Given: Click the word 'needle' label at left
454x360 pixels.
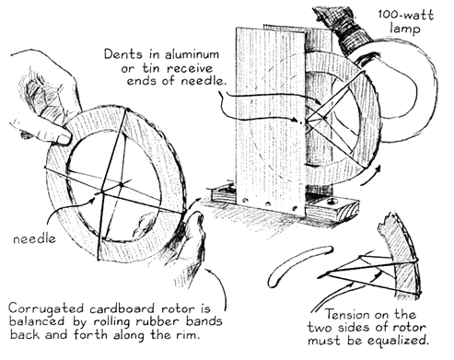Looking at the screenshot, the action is (x=34, y=238).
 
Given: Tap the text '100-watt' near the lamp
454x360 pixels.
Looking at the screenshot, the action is (x=405, y=15).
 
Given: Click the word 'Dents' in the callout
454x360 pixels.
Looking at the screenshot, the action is (x=123, y=54).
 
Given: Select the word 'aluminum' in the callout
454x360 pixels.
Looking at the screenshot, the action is (x=192, y=54).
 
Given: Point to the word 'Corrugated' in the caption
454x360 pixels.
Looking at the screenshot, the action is (x=46, y=308).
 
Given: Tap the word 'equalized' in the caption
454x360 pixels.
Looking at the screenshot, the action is (x=398, y=341).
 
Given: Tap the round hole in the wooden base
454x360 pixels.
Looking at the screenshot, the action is (x=332, y=202).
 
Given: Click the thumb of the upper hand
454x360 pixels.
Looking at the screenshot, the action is (x=46, y=132).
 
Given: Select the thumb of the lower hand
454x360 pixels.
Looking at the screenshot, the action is (x=195, y=227).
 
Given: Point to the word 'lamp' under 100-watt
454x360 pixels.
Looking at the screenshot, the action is (x=404, y=29).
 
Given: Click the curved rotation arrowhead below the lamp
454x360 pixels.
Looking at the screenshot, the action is (x=377, y=169).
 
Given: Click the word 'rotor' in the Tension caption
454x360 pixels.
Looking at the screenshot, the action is (x=411, y=328).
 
